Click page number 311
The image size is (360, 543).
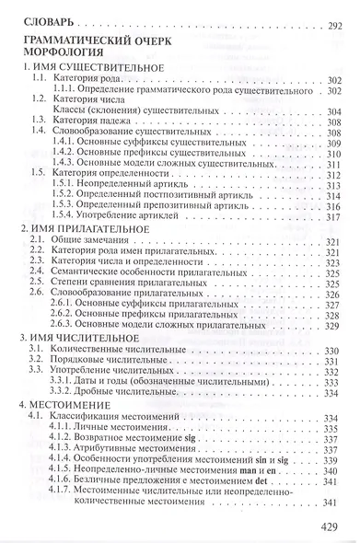336,170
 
